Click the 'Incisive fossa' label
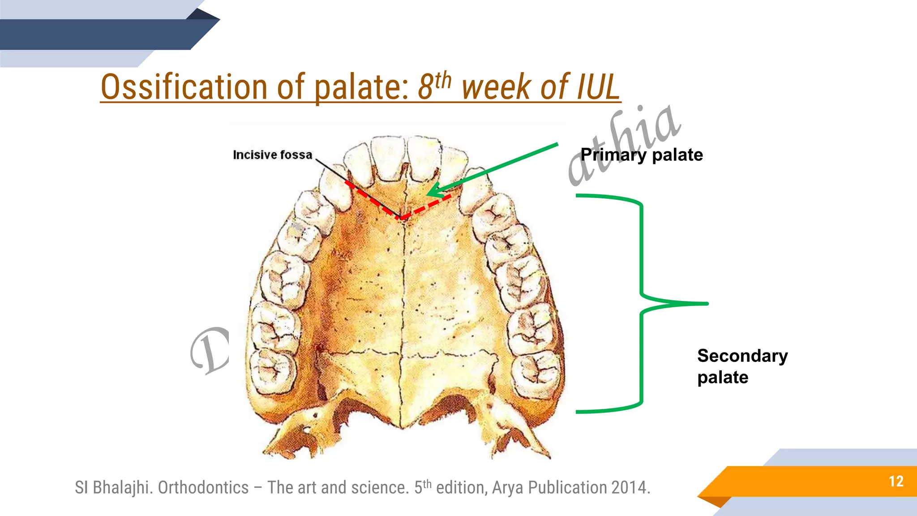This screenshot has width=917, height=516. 272,155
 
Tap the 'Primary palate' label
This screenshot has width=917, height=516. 641,155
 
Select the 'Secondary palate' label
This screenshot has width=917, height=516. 742,366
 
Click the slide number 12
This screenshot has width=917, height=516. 896,481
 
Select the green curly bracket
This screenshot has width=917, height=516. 642,303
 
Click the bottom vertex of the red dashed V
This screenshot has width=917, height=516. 402,218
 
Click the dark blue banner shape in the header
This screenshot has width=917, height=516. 99,34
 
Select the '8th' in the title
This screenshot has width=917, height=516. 434,85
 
